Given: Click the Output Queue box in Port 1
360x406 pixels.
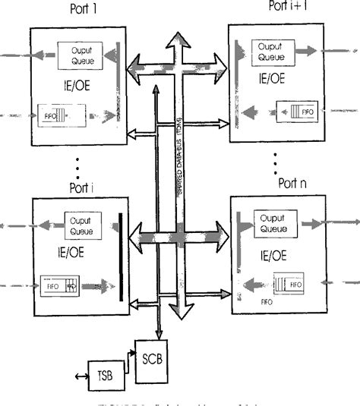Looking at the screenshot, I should pos(77,51).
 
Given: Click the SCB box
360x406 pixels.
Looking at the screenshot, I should pos(150,354).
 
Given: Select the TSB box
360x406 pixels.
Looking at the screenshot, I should pos(107,375).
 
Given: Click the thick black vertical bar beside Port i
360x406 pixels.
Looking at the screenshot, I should pos(119,257).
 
